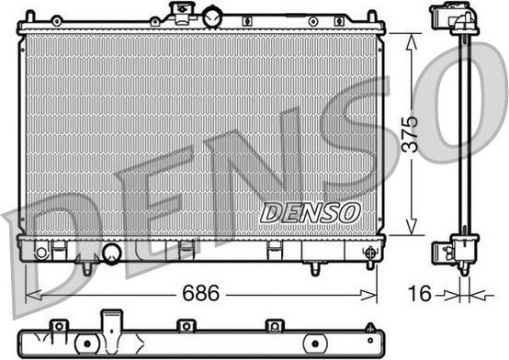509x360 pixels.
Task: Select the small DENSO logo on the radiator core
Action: [x=311, y=212]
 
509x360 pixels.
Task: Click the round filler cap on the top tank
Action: [x=213, y=16]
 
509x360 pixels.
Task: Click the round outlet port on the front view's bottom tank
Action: [x=112, y=253]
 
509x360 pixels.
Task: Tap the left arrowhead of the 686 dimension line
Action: [x=30, y=295]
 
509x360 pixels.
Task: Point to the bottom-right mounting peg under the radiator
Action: [x=314, y=268]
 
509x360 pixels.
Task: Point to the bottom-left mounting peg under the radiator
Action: [x=86, y=268]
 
